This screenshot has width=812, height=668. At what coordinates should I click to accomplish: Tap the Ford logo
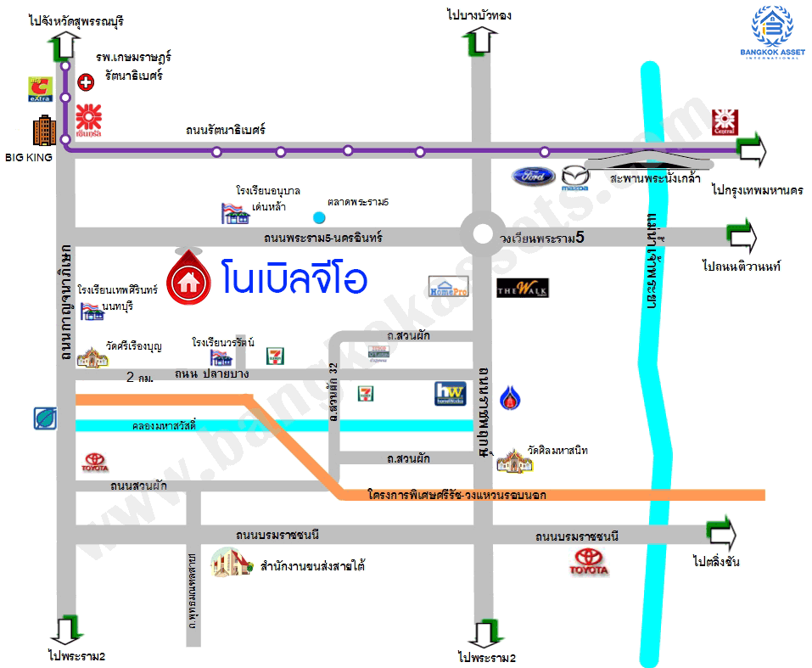(x=533, y=177)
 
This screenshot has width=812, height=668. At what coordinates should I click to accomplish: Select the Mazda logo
(x=574, y=177)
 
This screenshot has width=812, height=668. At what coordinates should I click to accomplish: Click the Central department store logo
(x=723, y=121)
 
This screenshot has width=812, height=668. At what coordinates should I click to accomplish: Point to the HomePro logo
(x=448, y=286)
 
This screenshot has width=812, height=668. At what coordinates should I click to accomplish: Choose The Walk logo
(x=522, y=288)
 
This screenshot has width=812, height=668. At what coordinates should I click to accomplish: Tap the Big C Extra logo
(x=41, y=89)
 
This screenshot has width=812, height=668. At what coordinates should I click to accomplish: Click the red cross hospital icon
(x=86, y=82)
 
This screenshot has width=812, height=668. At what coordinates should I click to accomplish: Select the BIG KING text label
(x=28, y=157)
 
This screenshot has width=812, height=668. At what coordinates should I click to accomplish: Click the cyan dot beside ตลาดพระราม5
(x=318, y=216)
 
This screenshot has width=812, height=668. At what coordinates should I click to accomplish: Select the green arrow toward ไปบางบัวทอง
(x=480, y=40)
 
